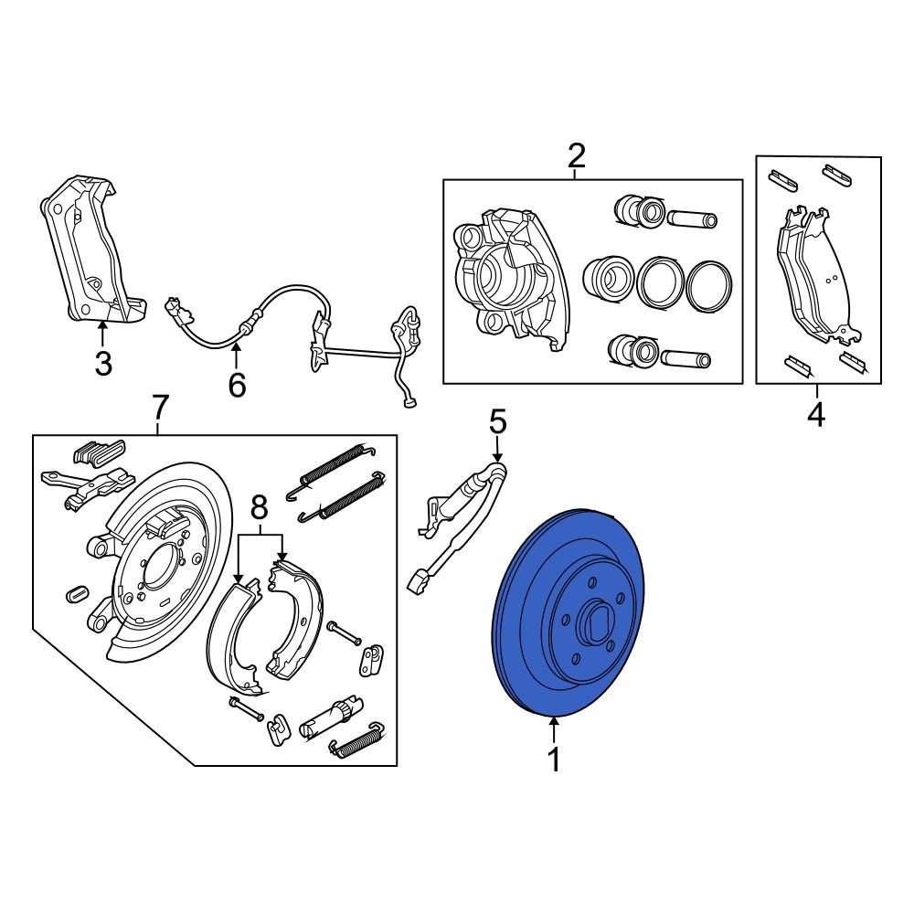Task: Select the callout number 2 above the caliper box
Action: (576, 157)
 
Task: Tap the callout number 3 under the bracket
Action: (103, 365)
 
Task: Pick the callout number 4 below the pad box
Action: (816, 416)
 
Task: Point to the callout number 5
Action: (497, 422)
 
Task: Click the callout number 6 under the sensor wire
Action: (237, 386)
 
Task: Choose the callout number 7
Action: (159, 405)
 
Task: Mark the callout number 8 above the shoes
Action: (259, 506)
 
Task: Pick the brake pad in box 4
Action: (813, 274)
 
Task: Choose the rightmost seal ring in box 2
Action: (708, 286)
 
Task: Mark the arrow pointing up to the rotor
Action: (553, 730)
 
